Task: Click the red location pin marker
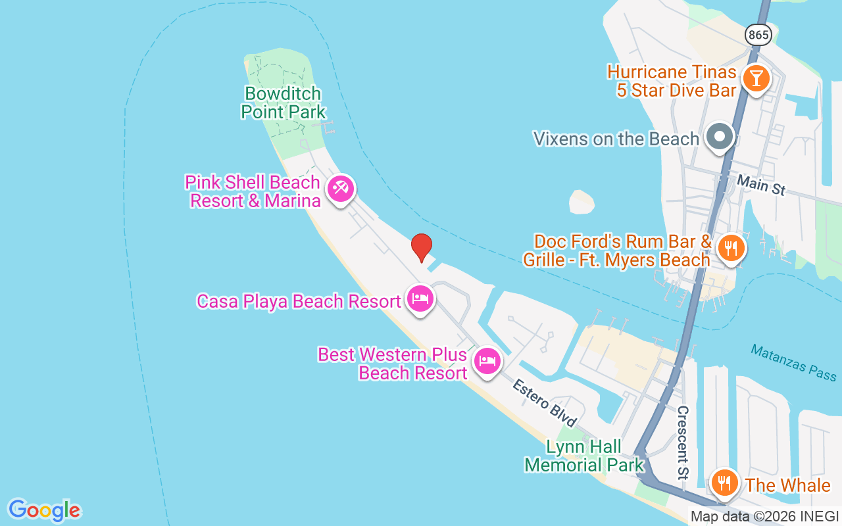coord(422,247)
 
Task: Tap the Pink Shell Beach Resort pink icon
coord(341,189)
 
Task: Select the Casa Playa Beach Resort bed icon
coord(420,299)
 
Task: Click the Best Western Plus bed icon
coord(487,361)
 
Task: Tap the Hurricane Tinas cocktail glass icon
coord(756,78)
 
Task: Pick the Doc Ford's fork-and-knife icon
coord(730,249)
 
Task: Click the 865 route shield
coord(758,35)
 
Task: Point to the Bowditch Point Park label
coord(283,103)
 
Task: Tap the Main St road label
coord(761,185)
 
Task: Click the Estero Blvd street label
coord(545,402)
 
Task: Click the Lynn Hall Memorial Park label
coord(584,456)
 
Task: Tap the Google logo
coord(44,510)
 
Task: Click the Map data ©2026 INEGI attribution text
coord(764,516)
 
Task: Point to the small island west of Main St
coord(582,202)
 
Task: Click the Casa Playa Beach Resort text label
coord(299,301)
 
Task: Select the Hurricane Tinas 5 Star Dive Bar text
coord(672,81)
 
